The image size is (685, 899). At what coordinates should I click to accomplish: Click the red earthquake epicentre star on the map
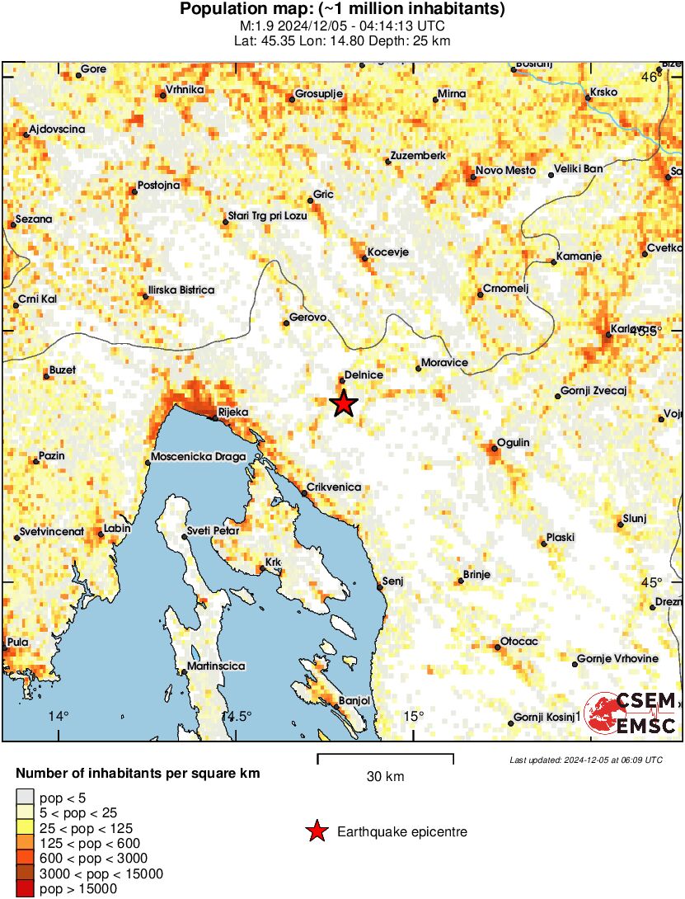point(343,403)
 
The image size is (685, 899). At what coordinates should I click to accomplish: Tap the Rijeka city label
point(232,411)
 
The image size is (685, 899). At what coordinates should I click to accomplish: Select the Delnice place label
point(364,374)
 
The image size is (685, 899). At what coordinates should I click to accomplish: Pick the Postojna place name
point(158,185)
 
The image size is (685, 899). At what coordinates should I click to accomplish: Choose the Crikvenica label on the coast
point(334,487)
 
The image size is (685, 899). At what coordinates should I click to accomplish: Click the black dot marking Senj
point(380,587)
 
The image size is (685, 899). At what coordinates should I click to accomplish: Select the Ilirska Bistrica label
point(181,290)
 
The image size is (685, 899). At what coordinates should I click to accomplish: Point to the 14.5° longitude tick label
point(239,716)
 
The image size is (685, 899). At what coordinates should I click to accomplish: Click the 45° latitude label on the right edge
point(651,583)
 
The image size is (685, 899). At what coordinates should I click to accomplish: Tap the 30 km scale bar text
point(385,776)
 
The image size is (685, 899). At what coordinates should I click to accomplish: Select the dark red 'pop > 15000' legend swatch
point(25,888)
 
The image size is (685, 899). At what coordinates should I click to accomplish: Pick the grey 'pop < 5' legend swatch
point(25,798)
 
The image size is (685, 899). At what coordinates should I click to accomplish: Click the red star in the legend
point(316,832)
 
